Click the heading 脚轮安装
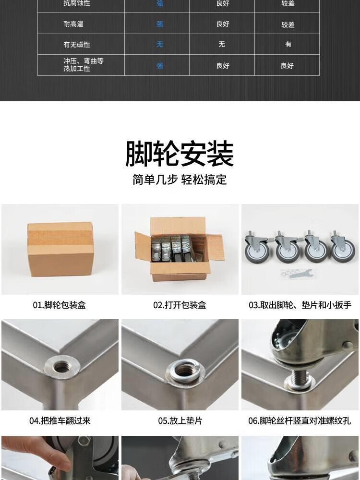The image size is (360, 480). coord(180,154)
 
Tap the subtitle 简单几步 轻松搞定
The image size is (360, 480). coord(180,180)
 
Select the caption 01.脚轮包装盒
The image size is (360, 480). coord(60,305)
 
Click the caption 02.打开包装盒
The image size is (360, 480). coord(180,305)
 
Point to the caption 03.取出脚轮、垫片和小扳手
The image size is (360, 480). coord(300,305)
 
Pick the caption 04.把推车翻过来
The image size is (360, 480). coord(60,420)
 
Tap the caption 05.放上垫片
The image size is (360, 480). coord(180,420)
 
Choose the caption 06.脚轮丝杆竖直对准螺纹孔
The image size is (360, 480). coord(300,420)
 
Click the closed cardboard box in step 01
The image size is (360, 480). coord(60,249)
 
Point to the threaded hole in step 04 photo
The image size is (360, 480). coord(61,366)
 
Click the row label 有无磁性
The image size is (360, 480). coord(77,44)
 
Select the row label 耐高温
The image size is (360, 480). coord(73,24)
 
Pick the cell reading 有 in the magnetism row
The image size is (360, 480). coord(288,44)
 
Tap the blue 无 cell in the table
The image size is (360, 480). coord(160,44)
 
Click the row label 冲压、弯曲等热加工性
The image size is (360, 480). coord(83,65)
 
